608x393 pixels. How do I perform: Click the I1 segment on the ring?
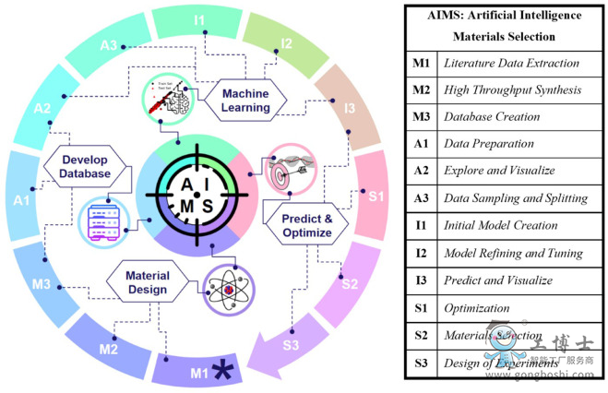[199, 19]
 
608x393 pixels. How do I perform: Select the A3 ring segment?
[110, 45]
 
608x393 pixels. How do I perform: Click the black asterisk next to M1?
[221, 372]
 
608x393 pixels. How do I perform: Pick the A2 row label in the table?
[420, 172]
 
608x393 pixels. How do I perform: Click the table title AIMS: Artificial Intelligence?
[504, 15]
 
